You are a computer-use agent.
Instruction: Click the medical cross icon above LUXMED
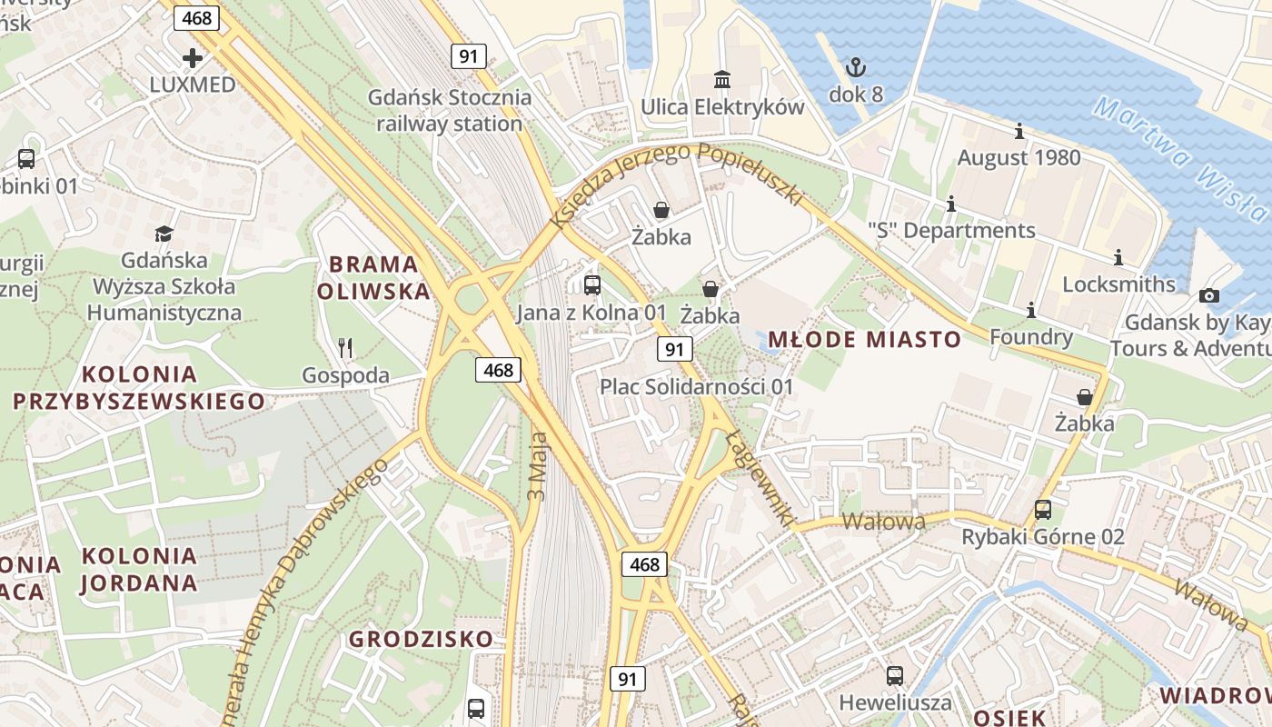pyautogui.click(x=193, y=58)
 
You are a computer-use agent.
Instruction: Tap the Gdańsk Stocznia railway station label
pyautogui.click(x=450, y=110)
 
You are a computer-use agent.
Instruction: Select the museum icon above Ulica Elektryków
pyautogui.click(x=722, y=80)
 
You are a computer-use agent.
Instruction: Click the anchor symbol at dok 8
pyautogui.click(x=855, y=66)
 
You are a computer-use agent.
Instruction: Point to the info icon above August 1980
pyautogui.click(x=1019, y=132)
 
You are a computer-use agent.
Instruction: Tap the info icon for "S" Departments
pyautogui.click(x=951, y=204)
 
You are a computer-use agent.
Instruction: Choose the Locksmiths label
pyautogui.click(x=1118, y=284)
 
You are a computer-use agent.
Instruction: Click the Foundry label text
pyautogui.click(x=1030, y=338)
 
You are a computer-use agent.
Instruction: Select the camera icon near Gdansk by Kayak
pyautogui.click(x=1208, y=295)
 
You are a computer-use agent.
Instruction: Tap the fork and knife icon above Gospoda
pyautogui.click(x=344, y=347)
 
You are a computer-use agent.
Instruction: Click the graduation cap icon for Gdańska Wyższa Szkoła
pyautogui.click(x=164, y=234)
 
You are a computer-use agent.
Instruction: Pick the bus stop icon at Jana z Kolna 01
pyautogui.click(x=592, y=285)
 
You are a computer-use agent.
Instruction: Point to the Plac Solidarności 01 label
pyautogui.click(x=696, y=387)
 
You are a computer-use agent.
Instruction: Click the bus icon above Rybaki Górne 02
pyautogui.click(x=1043, y=510)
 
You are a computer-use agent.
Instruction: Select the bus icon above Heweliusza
pyautogui.click(x=895, y=675)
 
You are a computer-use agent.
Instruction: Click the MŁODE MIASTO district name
pyautogui.click(x=864, y=340)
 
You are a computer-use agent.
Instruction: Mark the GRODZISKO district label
pyautogui.click(x=421, y=639)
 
